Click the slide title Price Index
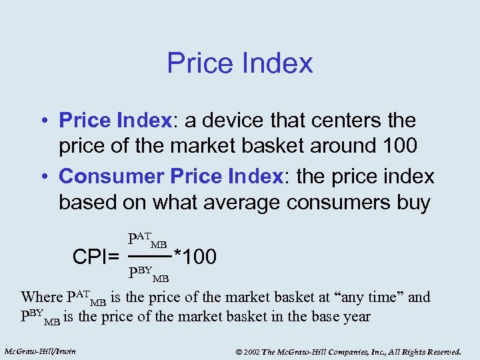[x=239, y=63]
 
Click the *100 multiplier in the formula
[x=195, y=256]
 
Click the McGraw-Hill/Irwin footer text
[x=39, y=351]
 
